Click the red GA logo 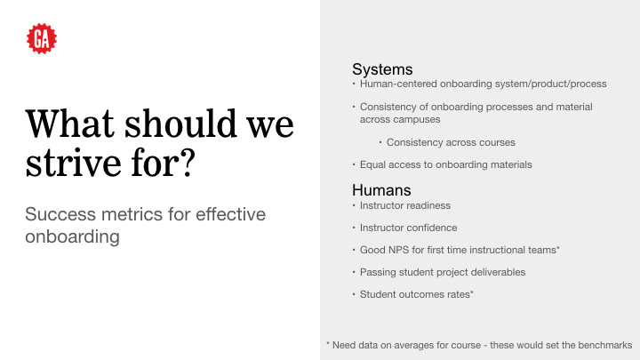click(42, 38)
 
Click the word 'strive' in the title click(74, 163)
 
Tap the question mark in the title click(187, 163)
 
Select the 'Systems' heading click(382, 69)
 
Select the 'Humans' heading click(381, 190)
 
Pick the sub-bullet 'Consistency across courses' click(451, 142)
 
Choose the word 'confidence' click(433, 228)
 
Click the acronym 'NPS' click(398, 250)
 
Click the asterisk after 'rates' click(472, 292)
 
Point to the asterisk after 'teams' click(558, 248)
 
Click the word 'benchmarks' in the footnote click(605, 345)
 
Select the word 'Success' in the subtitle click(60, 214)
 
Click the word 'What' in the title click(70, 124)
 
